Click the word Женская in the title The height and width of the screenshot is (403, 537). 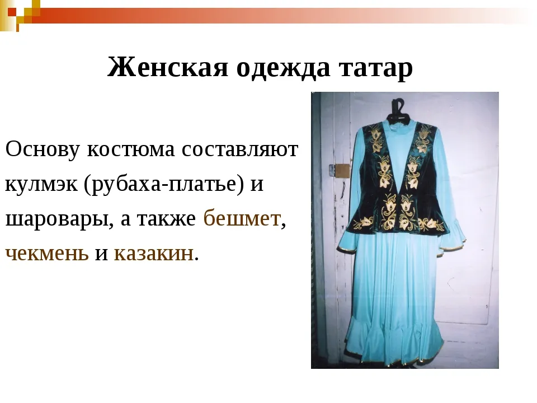pyautogui.click(x=168, y=67)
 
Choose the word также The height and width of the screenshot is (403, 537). pyautogui.click(x=167, y=219)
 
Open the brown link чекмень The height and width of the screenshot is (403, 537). pyautogui.click(x=47, y=254)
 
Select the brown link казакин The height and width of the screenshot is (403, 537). pyautogui.click(x=153, y=254)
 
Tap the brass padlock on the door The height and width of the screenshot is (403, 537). pyautogui.click(x=341, y=170)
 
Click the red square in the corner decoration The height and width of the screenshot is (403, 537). pyautogui.click(x=12, y=12)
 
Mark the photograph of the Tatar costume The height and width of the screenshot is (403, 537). pyautogui.click(x=405, y=230)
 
